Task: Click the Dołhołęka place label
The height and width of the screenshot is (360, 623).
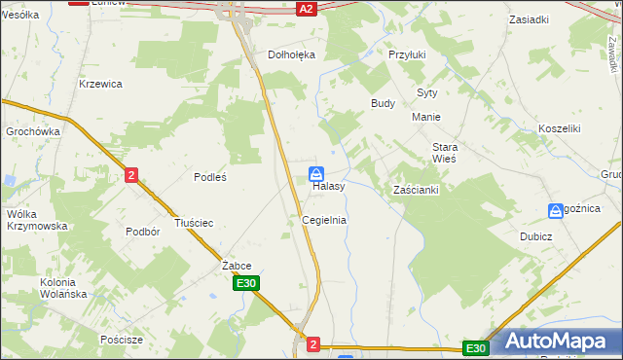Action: point(292,55)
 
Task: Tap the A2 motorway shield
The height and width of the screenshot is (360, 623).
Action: point(307,8)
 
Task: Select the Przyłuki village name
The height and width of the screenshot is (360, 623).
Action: point(408,55)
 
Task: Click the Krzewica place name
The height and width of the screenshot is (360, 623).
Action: point(100,84)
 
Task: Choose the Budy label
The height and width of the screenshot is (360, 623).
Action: point(383,102)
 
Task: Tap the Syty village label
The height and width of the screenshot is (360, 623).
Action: point(427,92)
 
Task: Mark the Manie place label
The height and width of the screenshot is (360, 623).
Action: point(426,117)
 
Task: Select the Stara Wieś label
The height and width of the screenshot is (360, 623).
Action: point(444,152)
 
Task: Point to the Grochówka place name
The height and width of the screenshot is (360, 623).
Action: point(33,131)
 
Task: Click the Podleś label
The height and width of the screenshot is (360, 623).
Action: point(210,177)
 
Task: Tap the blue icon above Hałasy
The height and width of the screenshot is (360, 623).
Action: point(317,173)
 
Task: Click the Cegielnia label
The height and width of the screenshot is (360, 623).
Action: point(324,220)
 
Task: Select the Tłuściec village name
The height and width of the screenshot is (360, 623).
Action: point(193,223)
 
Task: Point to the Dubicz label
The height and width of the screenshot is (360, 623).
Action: point(563,236)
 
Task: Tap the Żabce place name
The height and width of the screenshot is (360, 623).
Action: point(237,266)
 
